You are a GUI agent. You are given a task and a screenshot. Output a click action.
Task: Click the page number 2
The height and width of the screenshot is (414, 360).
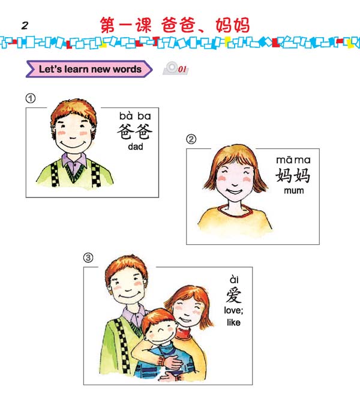tap(25, 26)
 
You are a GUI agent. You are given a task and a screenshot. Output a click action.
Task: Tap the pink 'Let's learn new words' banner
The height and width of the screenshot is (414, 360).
tap(89, 69)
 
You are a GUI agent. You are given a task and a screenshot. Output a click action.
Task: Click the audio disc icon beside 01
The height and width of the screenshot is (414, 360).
tap(170, 68)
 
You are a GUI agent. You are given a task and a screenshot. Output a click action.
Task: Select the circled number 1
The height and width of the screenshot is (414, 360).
tap(31, 98)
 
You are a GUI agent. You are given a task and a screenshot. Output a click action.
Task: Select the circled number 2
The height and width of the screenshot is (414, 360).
tap(191, 139)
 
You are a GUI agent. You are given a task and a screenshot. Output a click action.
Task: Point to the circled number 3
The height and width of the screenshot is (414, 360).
tap(88, 257)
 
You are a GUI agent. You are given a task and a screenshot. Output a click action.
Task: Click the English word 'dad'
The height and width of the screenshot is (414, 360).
tap(136, 146)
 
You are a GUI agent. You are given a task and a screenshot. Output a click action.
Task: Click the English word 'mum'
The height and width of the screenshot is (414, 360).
tap(294, 191)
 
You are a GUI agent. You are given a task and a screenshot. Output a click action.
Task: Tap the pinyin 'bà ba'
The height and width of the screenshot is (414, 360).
tap(135, 116)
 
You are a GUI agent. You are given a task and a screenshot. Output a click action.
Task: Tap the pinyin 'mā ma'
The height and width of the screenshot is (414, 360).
tap(293, 160)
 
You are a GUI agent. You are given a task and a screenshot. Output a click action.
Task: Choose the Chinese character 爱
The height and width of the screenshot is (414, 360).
tap(234, 295)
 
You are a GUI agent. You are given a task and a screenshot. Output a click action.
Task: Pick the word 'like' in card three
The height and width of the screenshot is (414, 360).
tap(234, 322)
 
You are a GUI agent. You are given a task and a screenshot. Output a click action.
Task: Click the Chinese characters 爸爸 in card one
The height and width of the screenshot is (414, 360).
tap(135, 131)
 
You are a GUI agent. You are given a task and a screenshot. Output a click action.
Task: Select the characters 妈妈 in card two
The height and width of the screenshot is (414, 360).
tap(293, 175)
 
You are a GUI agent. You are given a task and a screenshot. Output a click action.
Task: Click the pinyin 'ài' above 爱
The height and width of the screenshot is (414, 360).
tap(234, 280)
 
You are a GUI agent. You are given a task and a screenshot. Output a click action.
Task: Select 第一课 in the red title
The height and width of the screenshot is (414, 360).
tap(126, 25)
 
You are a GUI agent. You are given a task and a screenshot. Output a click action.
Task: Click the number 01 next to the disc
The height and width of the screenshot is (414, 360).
tap(182, 69)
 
